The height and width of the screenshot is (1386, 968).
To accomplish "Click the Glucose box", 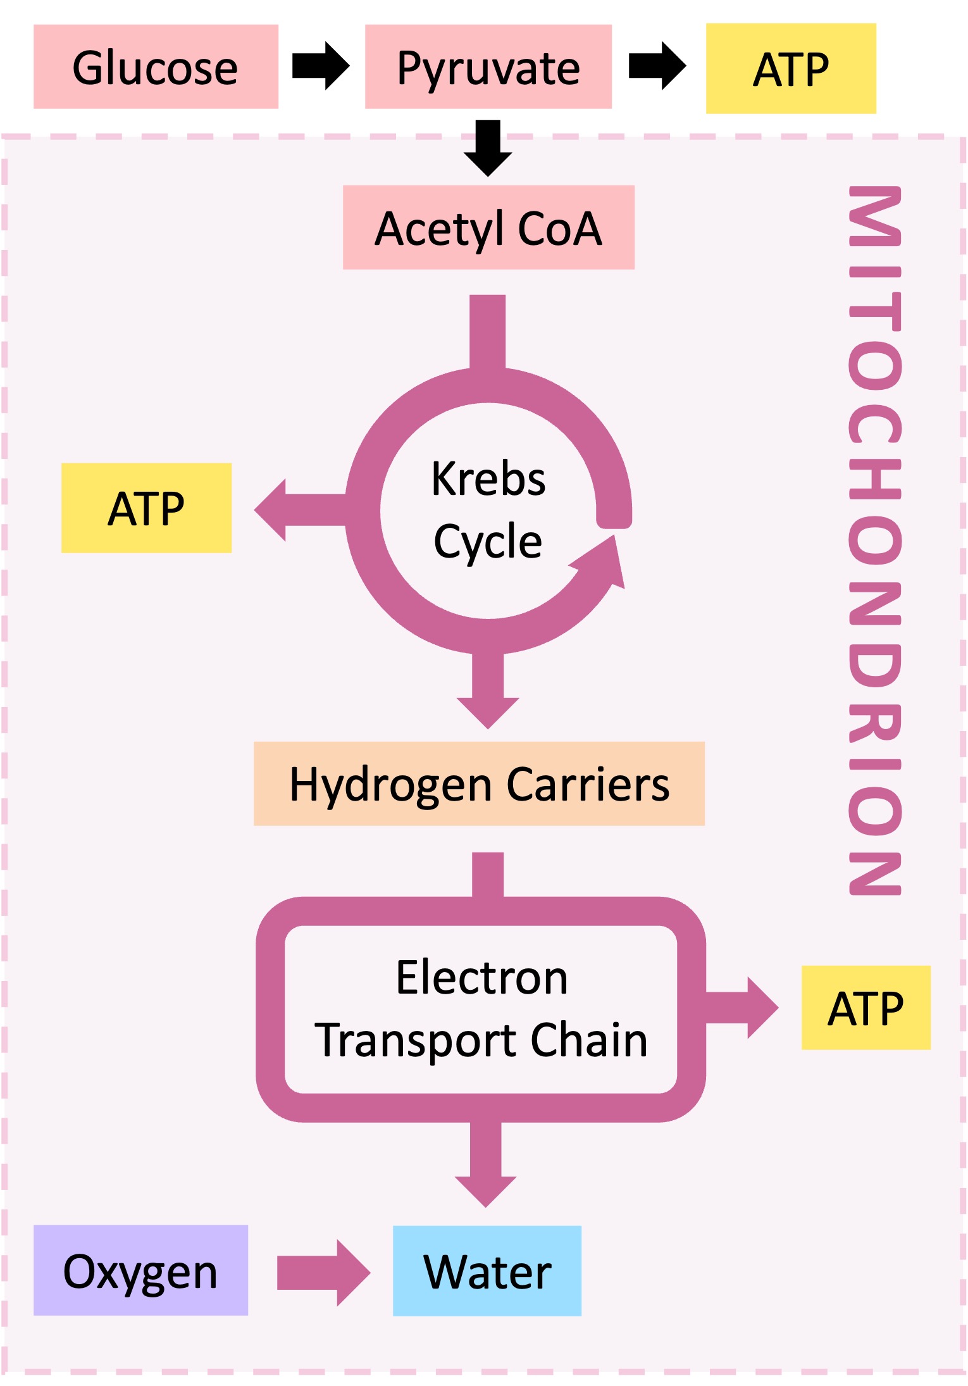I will coord(156,66).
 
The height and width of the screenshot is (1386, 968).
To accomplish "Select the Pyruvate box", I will coord(488,66).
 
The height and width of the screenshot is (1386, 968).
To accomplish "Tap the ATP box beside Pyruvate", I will coord(790,68).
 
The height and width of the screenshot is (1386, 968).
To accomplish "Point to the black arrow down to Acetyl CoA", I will coord(488,149).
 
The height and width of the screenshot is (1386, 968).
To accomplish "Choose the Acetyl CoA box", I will coord(488,227).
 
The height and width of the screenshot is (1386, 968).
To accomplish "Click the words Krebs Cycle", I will coord(488,509).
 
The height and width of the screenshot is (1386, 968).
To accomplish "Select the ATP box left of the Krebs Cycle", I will coord(146,508).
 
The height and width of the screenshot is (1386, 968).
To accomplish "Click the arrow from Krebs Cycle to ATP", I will coord(297,510).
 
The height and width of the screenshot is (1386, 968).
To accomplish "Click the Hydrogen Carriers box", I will coord(479,784).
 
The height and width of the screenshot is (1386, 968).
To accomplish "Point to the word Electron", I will coord(481,977).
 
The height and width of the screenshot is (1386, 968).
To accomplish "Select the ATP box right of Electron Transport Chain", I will coord(866,1008).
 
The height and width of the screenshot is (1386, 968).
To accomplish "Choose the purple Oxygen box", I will coord(140,1270).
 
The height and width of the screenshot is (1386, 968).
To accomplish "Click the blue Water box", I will coord(487,1271).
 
